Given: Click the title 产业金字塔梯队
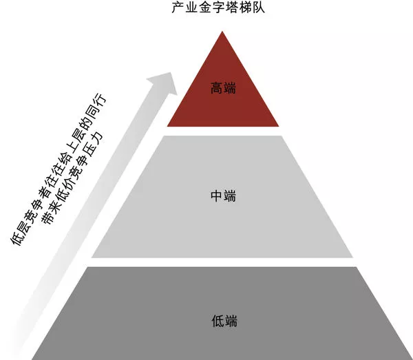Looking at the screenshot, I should [222, 10].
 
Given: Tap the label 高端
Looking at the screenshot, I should [222, 87].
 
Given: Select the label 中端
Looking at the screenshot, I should [222, 197].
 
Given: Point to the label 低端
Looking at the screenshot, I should [222, 321].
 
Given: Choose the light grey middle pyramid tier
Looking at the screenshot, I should [222, 220].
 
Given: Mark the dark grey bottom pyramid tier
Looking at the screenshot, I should [222, 337].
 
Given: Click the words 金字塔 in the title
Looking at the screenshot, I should [222, 10].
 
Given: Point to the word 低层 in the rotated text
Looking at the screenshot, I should [21, 235].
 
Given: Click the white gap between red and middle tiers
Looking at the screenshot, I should [222, 131].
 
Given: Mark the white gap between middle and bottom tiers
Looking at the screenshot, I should [222, 262].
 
